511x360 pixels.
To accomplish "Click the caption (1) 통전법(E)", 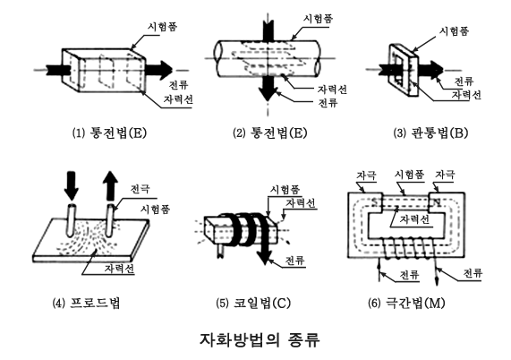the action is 109,133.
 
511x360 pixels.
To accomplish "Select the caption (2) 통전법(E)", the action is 270,133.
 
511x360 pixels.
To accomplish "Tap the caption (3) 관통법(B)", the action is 430,133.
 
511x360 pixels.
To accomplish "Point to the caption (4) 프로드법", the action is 87,303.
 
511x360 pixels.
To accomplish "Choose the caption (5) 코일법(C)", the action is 253,304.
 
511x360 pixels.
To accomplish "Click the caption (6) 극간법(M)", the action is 406,304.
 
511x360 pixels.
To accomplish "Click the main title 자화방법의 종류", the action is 260,340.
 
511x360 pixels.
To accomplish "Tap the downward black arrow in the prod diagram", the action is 72,185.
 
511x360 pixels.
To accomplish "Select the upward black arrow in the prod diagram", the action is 110,185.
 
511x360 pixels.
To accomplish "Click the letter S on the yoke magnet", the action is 374,202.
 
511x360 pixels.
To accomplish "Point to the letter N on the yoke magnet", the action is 437,202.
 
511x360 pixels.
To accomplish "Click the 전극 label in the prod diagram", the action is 140,189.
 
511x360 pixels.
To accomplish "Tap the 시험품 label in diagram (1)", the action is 162,26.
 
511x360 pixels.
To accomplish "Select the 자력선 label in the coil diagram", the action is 301,202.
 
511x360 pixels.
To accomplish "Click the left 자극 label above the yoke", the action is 366,175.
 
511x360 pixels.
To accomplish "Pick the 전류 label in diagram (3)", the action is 464,81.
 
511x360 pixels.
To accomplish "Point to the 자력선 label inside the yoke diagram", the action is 414,219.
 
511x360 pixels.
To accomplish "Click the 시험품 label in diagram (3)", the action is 454,31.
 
